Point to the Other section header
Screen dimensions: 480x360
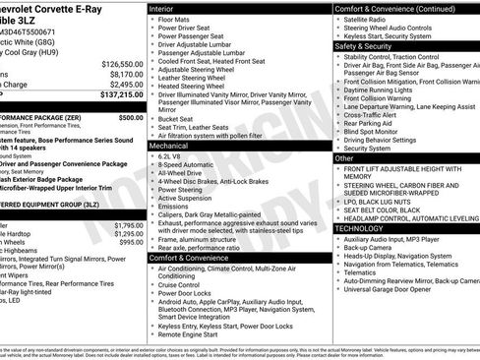(x=345, y=157)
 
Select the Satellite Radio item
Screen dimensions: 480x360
(x=365, y=19)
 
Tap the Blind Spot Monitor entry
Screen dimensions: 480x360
(x=374, y=131)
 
